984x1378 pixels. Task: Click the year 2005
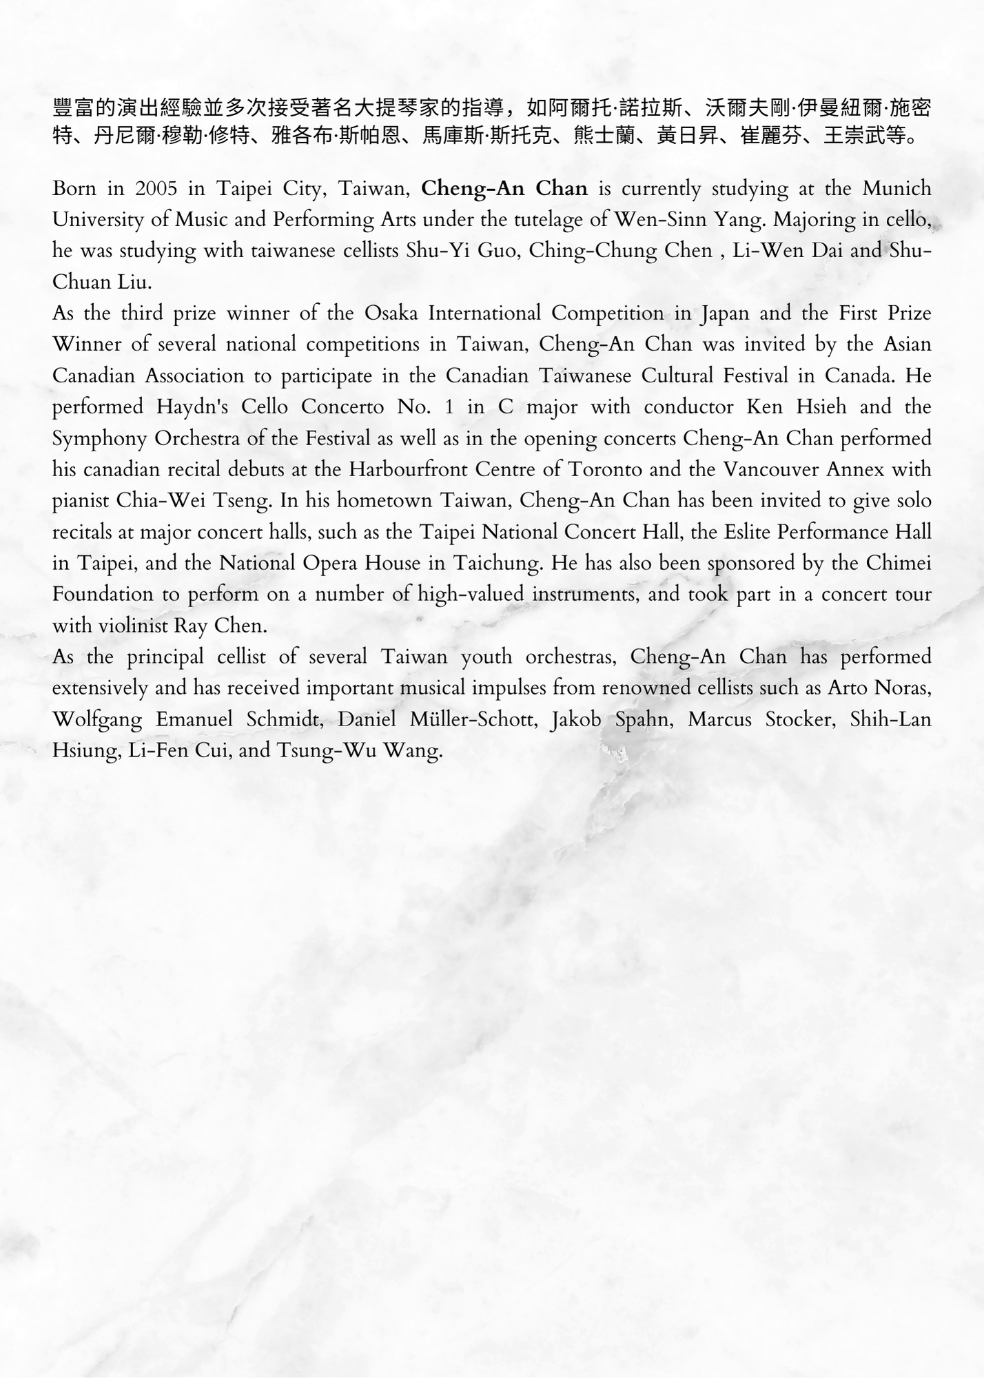157,188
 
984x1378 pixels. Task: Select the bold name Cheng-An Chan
504,188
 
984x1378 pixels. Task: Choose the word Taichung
498,564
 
